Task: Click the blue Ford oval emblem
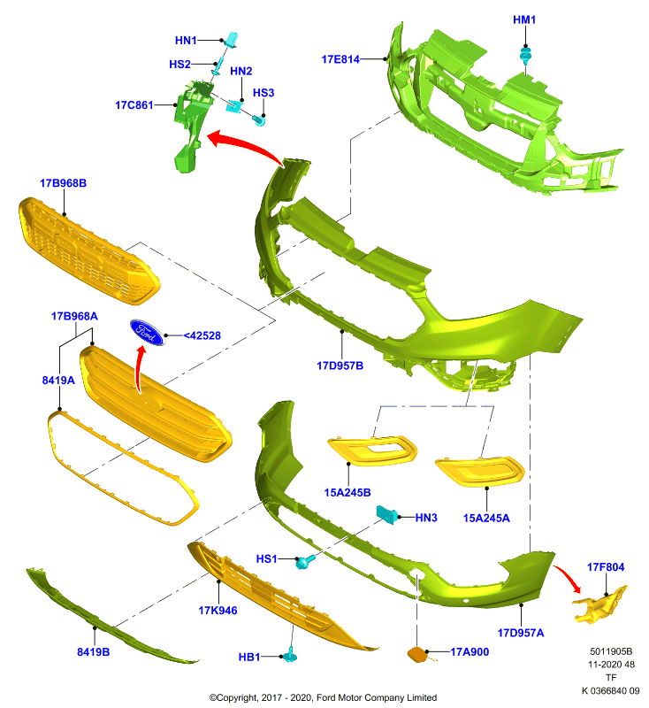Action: (x=148, y=333)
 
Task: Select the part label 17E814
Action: (x=340, y=59)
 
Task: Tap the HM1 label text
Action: (x=524, y=19)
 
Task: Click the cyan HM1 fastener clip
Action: (x=525, y=56)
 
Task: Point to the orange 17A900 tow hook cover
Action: (x=417, y=654)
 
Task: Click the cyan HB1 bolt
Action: (x=289, y=655)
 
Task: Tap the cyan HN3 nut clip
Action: (x=387, y=514)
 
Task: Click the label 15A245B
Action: (x=347, y=493)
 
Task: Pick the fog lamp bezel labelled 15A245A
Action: (x=480, y=472)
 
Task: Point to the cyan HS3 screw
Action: (x=258, y=120)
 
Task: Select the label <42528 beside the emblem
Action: (x=202, y=336)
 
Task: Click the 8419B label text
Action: (x=94, y=652)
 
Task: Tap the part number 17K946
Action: (x=218, y=611)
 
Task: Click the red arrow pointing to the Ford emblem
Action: (x=140, y=369)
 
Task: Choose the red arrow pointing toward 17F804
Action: (x=568, y=579)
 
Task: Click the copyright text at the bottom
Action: (x=323, y=697)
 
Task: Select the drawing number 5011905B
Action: (x=611, y=651)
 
